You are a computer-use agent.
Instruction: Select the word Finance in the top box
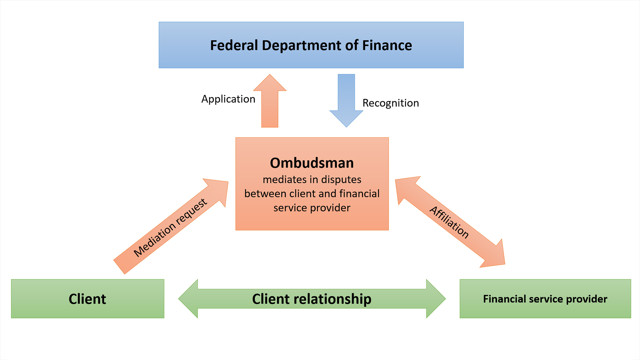[387, 45]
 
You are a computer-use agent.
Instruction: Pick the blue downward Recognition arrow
[346, 100]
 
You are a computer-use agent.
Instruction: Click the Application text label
[228, 99]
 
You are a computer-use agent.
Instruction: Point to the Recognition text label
[391, 103]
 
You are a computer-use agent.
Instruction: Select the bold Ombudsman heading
[312, 163]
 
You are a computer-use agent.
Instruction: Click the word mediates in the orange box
[284, 180]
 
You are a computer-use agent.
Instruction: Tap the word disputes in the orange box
[341, 180]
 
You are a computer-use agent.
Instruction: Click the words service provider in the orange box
[312, 208]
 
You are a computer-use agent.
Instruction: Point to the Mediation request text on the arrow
[170, 228]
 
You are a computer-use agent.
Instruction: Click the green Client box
[87, 299]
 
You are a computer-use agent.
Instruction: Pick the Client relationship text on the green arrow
[312, 299]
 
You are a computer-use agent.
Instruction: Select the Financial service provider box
[545, 299]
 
